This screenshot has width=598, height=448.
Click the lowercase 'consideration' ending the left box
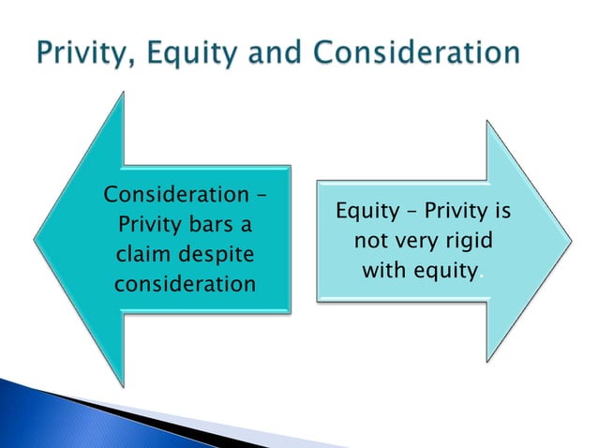[185, 282]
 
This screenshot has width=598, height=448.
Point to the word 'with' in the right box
[384, 271]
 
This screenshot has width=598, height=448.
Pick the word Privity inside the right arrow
[453, 213]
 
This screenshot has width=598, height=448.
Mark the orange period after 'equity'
[482, 276]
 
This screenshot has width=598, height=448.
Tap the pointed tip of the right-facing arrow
[570, 241]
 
